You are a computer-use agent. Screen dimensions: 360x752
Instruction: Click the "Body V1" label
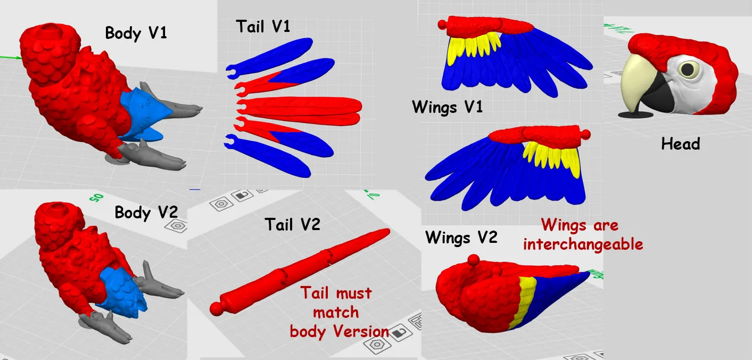tap(136, 32)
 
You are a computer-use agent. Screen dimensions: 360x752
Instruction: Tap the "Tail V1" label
tap(263, 26)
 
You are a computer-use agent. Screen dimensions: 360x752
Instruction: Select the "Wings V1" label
tap(447, 107)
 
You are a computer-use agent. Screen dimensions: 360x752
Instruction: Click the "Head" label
tap(680, 143)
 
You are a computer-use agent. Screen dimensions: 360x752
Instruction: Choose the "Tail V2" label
tap(292, 224)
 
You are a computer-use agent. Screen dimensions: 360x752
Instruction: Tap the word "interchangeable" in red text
tap(583, 244)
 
